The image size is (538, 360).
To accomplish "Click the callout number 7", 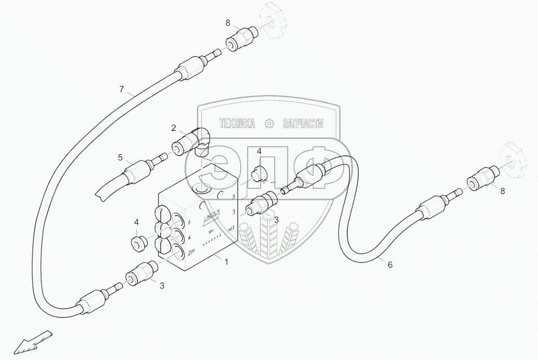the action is point(122,89).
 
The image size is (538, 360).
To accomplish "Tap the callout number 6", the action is point(390,264).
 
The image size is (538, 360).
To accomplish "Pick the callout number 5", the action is point(120,157).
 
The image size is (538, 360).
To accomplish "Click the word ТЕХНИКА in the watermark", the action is point(237,124).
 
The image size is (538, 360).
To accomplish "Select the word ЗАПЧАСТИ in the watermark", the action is point(303,124).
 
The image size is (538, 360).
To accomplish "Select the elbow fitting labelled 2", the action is point(195,141).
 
